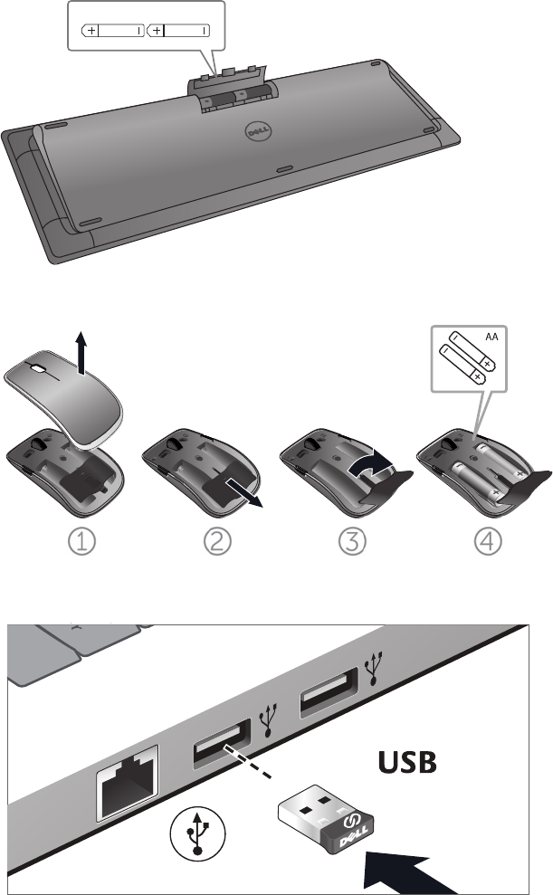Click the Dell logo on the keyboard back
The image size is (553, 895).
tap(258, 132)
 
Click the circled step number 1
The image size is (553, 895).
tap(81, 541)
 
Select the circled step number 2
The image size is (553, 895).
tap(217, 541)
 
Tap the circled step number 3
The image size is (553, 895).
tap(352, 541)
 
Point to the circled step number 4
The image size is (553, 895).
tap(488, 541)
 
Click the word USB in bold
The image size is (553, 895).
tap(407, 762)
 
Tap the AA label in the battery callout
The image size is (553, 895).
tap(491, 337)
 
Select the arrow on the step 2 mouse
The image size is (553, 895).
tap(244, 492)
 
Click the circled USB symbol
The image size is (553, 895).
tap(197, 833)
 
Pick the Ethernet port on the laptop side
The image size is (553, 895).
tap(128, 781)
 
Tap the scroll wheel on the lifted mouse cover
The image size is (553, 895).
tap(38, 368)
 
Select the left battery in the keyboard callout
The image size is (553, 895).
tap(113, 30)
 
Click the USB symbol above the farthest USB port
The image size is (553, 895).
tap(374, 669)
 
